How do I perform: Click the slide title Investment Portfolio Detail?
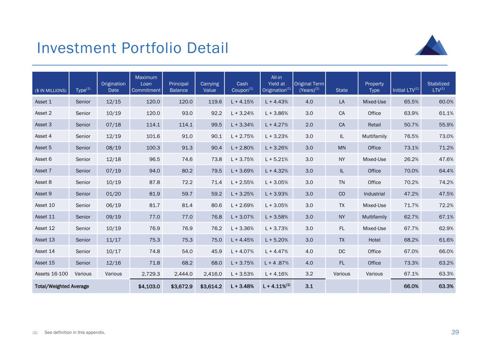tap(133, 48)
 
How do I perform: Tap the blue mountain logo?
tap(431, 45)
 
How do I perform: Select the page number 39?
tap(455, 332)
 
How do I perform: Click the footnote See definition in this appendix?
tap(75, 332)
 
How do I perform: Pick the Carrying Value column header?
tap(210, 87)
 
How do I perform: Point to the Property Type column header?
tap(374, 87)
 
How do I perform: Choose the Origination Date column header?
tap(113, 87)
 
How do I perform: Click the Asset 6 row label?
tap(43, 159)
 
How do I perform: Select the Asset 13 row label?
tap(45, 240)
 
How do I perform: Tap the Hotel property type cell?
tap(374, 240)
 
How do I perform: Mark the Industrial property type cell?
tap(374, 194)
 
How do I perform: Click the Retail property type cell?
tap(374, 124)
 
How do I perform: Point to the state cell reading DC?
tap(341, 251)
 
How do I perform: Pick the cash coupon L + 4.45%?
tap(242, 240)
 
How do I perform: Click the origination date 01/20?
tap(113, 194)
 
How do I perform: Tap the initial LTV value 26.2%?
tap(406, 159)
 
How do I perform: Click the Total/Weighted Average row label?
tap(62, 286)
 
